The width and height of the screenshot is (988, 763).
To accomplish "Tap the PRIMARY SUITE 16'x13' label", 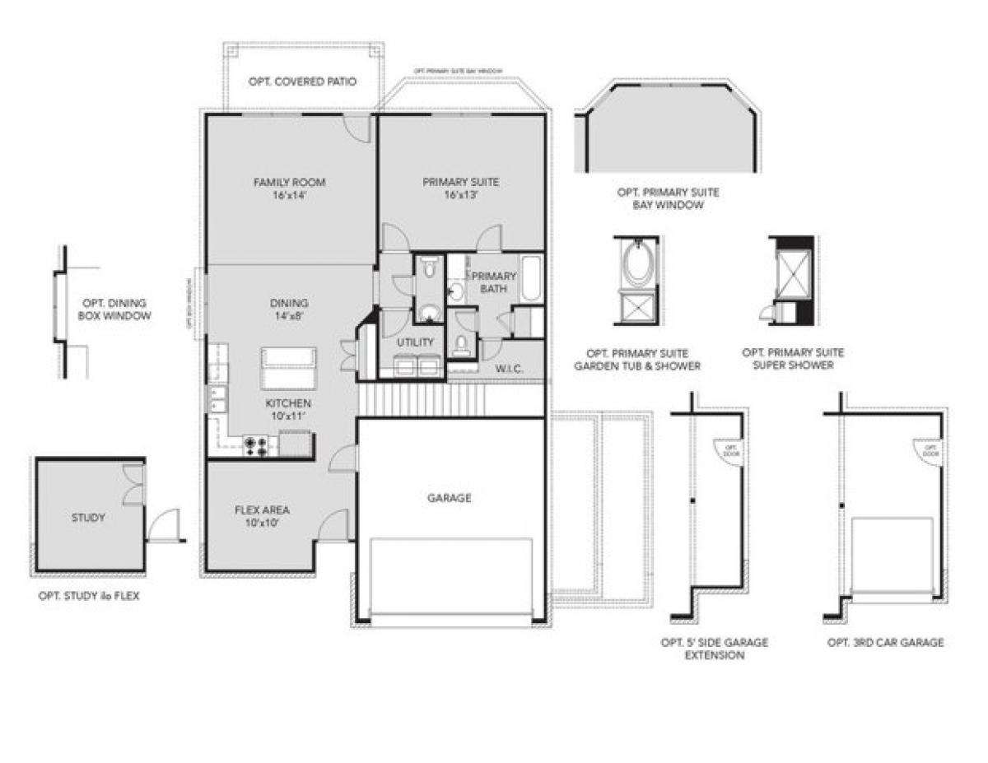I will pos(460,188).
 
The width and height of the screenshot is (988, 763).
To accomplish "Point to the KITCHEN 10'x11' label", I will pos(288,409).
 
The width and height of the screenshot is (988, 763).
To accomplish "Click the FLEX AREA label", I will pos(262,516).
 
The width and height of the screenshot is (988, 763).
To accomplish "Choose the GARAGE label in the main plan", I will pos(450,498).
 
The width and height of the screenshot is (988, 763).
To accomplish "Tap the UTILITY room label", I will pos(415,342).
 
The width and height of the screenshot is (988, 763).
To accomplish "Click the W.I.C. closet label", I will pos(510,369).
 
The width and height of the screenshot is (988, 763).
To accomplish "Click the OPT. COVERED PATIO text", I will pos(302,82).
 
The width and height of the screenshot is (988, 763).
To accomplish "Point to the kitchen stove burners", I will pos(257,446).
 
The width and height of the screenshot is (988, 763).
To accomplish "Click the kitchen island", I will pos(288,368).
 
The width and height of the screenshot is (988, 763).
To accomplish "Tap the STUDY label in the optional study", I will pos(88,518).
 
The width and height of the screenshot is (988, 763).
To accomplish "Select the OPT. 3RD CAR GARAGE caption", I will pos(886,642).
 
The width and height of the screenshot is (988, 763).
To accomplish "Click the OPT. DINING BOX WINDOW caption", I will pos(114,309).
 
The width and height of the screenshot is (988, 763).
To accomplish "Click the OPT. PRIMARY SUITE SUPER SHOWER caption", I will pos(793,359).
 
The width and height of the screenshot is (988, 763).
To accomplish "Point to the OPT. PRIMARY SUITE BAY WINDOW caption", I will pos(668,198).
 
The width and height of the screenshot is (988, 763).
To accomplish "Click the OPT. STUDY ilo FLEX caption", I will pos(89,596).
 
